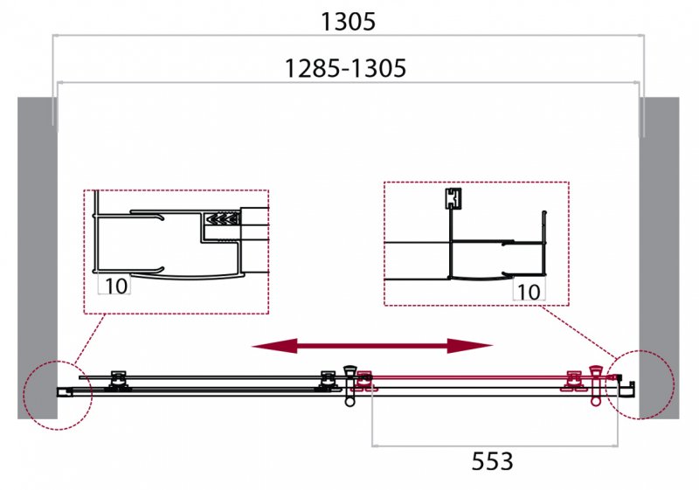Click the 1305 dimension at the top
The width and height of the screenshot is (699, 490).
pyautogui.click(x=348, y=22)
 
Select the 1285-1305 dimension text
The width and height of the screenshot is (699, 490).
pyautogui.click(x=345, y=69)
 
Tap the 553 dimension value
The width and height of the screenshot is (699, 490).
pyautogui.click(x=492, y=461)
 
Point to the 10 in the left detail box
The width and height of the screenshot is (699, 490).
pyautogui.click(x=115, y=286)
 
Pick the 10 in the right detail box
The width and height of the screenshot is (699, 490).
pyautogui.click(x=529, y=292)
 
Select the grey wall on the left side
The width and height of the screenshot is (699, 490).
pyautogui.click(x=38, y=258)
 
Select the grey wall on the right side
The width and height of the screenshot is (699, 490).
pyautogui.click(x=660, y=258)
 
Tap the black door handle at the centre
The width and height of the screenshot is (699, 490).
pyautogui.click(x=350, y=385)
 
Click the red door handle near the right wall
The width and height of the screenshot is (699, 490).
pyautogui.click(x=596, y=386)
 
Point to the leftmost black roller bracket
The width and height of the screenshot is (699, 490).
pyautogui.click(x=118, y=382)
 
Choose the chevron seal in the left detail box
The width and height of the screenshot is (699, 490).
pyautogui.click(x=222, y=218)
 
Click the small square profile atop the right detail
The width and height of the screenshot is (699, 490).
pyautogui.click(x=453, y=198)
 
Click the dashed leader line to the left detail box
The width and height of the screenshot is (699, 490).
pyautogui.click(x=90, y=339)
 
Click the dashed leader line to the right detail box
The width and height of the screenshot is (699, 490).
pyautogui.click(x=578, y=332)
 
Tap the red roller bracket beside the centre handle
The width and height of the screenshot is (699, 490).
pyautogui.click(x=364, y=382)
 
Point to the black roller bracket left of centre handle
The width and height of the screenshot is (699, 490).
pyautogui.click(x=329, y=382)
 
